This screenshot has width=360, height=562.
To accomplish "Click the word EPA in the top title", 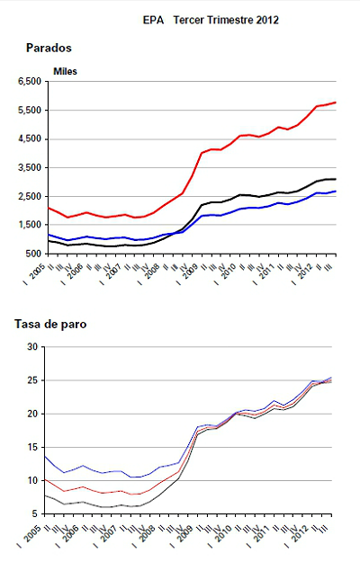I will tap(152, 17).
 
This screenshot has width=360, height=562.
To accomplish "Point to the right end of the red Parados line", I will tap(337, 103).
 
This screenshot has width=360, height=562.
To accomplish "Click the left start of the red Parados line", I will tap(48, 208).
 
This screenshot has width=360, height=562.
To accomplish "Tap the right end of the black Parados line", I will tap(337, 179).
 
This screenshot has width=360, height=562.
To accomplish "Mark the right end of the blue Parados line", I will tap(337, 191).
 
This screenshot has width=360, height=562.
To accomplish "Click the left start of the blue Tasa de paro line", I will tap(46, 456).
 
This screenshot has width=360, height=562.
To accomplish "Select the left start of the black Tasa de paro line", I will tap(46, 495).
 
